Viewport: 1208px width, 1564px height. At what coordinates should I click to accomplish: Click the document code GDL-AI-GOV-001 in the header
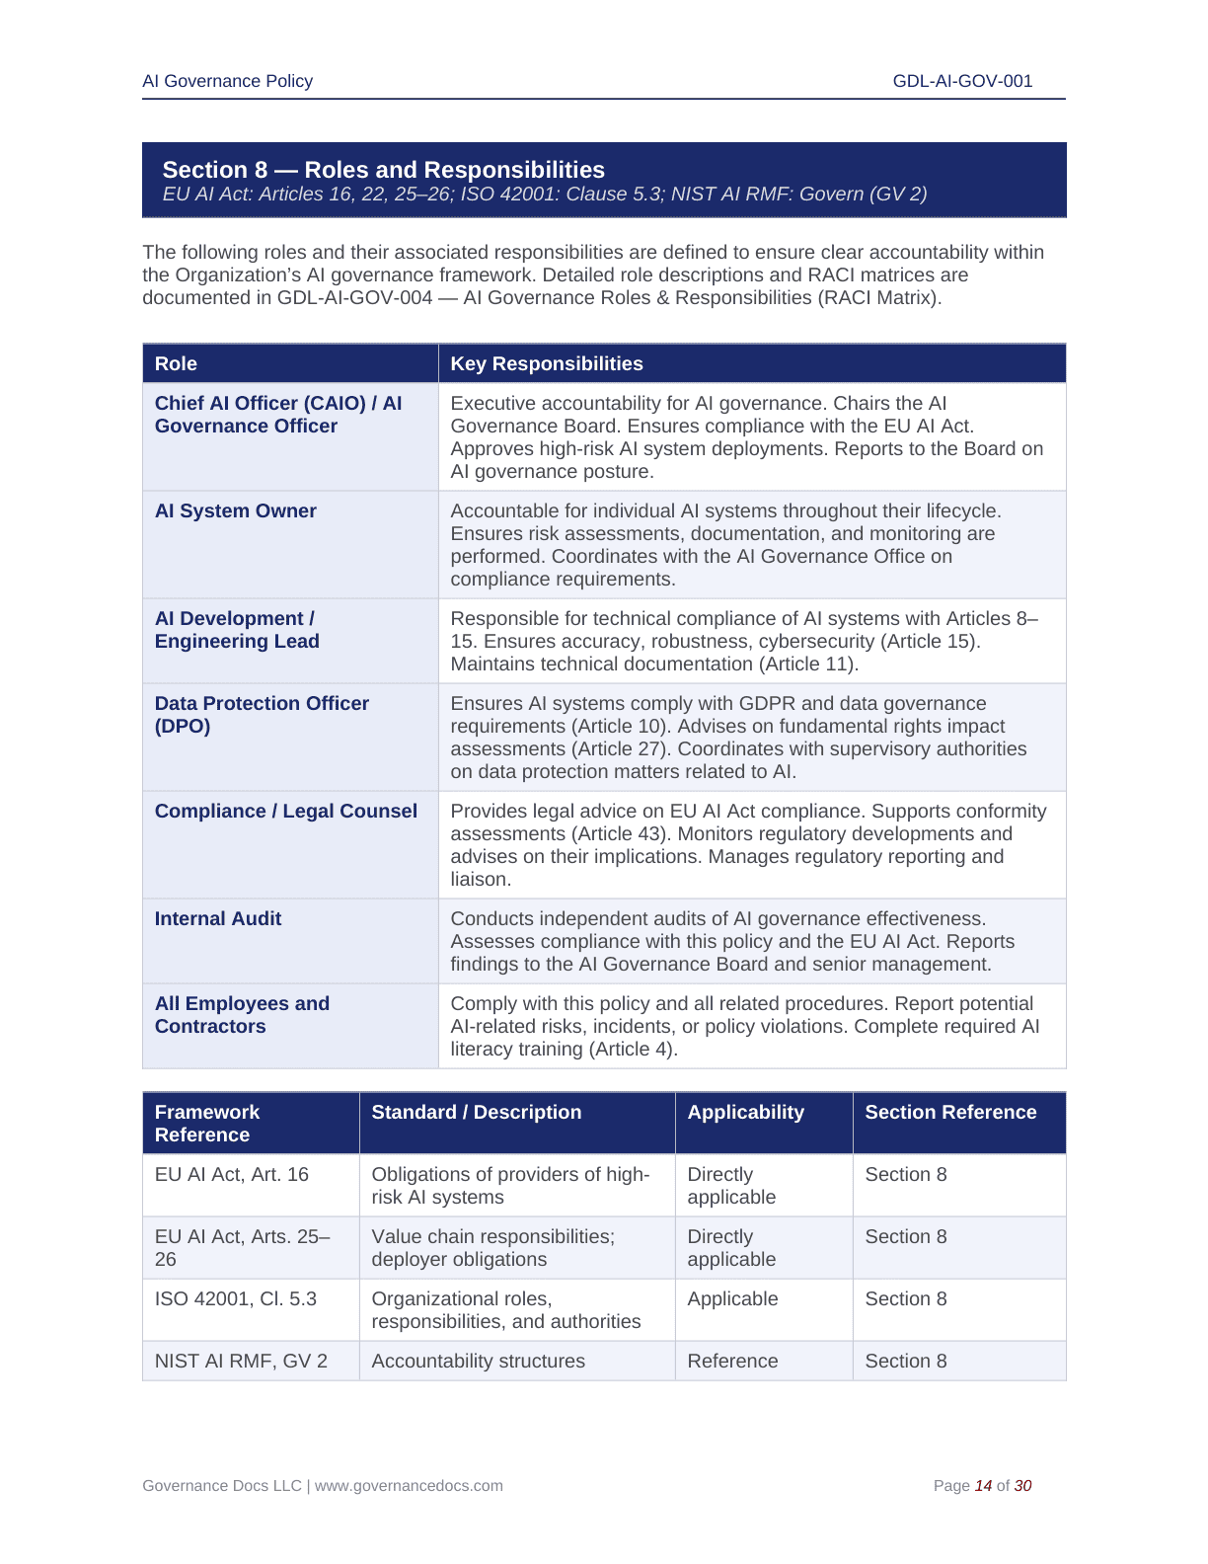point(962,81)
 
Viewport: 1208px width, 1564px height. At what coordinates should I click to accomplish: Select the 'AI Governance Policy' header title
point(227,81)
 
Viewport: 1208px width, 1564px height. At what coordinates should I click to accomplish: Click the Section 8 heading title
point(383,170)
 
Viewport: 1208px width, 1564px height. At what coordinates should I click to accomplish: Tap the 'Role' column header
point(176,363)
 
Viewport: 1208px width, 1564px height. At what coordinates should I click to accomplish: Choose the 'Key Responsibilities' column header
point(546,363)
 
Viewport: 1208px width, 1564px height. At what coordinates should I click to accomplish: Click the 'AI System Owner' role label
point(235,510)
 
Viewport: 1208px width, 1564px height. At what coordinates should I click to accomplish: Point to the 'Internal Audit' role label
point(217,918)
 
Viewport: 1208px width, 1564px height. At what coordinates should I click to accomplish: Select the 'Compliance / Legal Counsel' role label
point(285,811)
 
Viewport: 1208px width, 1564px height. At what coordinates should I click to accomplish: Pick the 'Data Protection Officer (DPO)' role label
point(261,714)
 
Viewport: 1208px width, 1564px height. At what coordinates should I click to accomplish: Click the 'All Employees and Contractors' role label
point(241,1014)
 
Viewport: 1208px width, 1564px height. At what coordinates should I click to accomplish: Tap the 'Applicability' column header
point(745,1112)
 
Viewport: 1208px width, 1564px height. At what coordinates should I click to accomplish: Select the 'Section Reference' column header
point(949,1112)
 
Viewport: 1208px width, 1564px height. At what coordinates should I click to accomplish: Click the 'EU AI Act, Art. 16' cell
point(231,1174)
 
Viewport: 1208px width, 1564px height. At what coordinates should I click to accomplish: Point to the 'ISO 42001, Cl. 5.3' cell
point(235,1298)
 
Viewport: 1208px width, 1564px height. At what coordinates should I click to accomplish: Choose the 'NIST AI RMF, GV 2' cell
point(240,1361)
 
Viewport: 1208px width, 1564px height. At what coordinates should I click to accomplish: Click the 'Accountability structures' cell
point(478,1361)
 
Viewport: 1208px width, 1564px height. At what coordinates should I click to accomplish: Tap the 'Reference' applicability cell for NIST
point(732,1361)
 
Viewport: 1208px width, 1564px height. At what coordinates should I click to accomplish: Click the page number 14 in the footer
point(983,1485)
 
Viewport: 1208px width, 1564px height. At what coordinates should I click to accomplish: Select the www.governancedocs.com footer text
point(409,1485)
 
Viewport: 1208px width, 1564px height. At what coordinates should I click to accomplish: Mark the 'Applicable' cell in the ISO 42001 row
point(732,1298)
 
